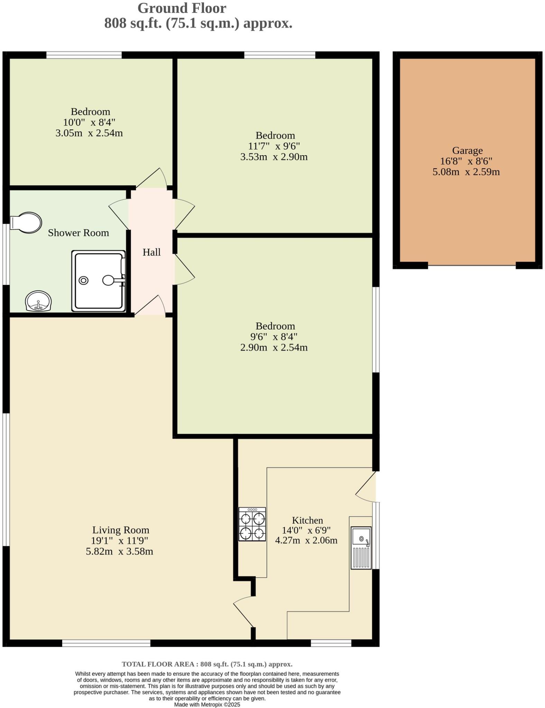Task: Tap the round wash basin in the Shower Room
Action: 38,301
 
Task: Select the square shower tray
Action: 99,281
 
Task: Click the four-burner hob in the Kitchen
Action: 252,524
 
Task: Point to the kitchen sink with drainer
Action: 361,548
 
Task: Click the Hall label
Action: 151,252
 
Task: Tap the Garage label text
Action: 467,151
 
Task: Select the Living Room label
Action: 121,530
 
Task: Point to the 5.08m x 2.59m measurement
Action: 466,172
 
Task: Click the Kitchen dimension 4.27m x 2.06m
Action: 306,541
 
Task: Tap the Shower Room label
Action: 78,233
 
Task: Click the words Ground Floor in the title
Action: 182,8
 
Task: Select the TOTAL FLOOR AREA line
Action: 207,664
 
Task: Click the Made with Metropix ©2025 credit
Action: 207,705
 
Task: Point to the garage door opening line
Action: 472,265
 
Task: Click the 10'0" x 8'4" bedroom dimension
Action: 89,122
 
